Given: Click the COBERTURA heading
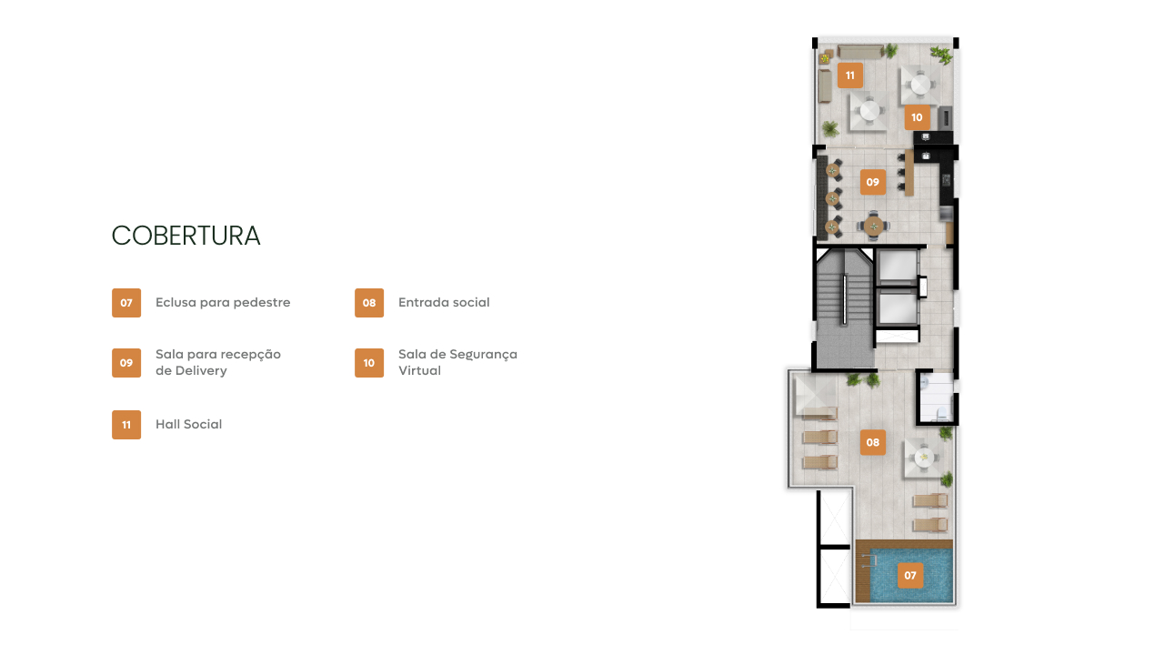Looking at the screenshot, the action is point(186,236).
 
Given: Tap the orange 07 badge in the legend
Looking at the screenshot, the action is point(126,303).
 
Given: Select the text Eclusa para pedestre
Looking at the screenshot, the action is point(223,302).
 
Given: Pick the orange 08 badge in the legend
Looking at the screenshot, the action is point(369,303).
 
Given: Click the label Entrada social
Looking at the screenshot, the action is point(444,302).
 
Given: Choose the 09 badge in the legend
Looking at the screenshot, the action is point(126,363).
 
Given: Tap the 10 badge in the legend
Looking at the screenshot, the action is point(369,363).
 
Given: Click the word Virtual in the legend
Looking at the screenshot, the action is point(420,370).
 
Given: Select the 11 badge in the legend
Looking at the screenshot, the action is point(126,425).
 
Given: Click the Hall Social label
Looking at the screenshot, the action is point(189,424).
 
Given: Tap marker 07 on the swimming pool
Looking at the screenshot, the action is point(910,576).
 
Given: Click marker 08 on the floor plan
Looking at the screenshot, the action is point(873,442).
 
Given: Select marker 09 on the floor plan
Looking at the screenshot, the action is point(873,182).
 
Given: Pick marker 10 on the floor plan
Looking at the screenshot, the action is point(917,117).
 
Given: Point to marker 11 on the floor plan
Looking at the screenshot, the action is point(850,76).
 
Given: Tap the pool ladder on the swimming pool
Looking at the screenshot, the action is point(869,560).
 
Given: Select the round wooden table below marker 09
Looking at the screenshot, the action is point(874,227).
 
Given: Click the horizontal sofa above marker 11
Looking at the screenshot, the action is point(860,51).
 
